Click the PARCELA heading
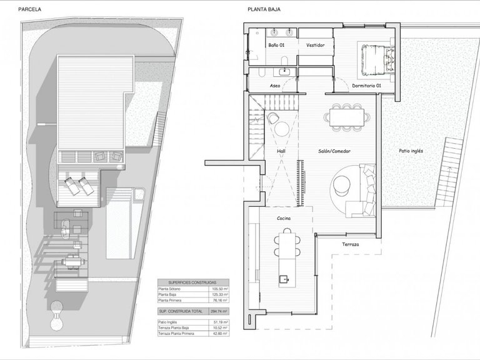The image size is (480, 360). pyautogui.click(x=30, y=9)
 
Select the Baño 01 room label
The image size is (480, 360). pyautogui.click(x=277, y=45)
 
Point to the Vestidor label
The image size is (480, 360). pyautogui.click(x=315, y=45)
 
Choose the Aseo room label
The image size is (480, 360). pyautogui.click(x=275, y=85)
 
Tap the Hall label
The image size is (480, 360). pyautogui.click(x=281, y=151)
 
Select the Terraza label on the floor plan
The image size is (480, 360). pyautogui.click(x=351, y=244)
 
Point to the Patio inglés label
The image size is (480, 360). pyautogui.click(x=413, y=151)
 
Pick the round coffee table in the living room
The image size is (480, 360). pyautogui.click(x=342, y=182)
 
